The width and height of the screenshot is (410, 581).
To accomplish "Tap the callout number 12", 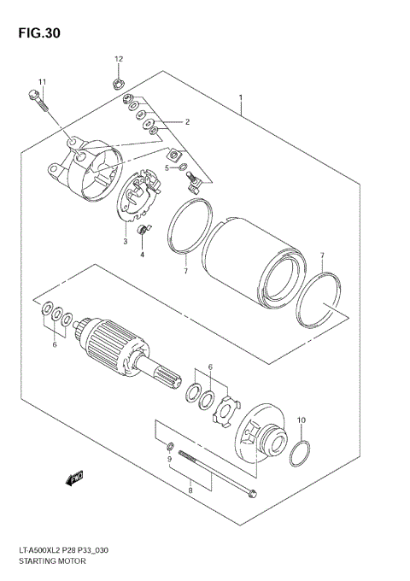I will coord(119,58).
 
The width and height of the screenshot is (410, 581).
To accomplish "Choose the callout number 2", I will coord(185,121).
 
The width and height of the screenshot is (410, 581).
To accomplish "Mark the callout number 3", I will coord(125,241).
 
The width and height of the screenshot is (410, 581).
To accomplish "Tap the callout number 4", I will coord(143,255).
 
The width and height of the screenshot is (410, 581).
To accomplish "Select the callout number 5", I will coord(167,167).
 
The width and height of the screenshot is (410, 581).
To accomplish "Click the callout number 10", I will coord(300,420).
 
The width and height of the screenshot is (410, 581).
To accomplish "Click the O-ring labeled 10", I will coord(299,454).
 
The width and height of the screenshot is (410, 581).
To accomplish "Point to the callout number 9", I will coord(170,460).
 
